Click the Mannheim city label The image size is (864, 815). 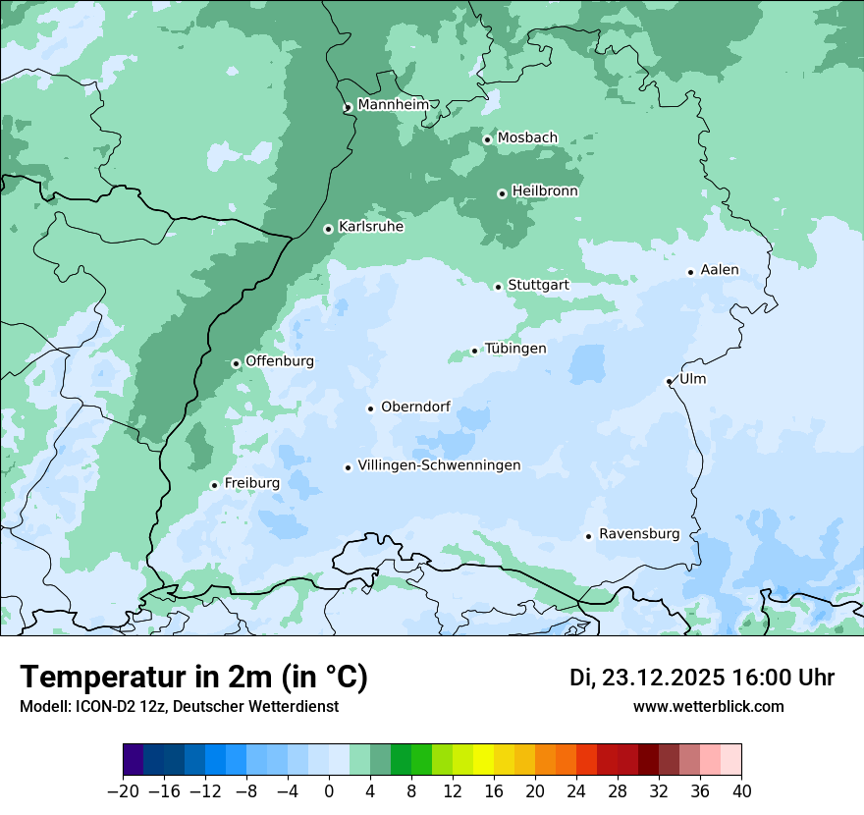coord(393,104)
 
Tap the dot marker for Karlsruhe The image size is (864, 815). coord(328,229)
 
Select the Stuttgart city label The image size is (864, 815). coord(538,285)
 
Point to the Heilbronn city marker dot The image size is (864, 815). coord(502,193)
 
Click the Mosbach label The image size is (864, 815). coord(527,137)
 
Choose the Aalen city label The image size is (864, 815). coord(720,270)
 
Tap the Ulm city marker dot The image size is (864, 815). coord(669,381)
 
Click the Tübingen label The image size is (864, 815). coord(515,349)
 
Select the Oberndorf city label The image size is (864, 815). coord(415,407)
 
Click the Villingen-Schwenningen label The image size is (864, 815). coord(439,465)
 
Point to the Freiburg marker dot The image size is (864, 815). coord(214,485)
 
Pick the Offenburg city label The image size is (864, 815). coord(280,361)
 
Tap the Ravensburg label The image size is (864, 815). coord(639,534)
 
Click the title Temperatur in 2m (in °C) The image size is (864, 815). coord(193,677)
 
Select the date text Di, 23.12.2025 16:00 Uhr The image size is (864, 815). coord(702,678)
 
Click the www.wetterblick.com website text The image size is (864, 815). coord(709,707)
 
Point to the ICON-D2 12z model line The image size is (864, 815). coord(179,707)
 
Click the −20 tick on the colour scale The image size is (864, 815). coord(123,791)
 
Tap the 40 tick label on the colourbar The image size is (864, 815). coord(741,791)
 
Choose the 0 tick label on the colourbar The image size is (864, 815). coord(329,791)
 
